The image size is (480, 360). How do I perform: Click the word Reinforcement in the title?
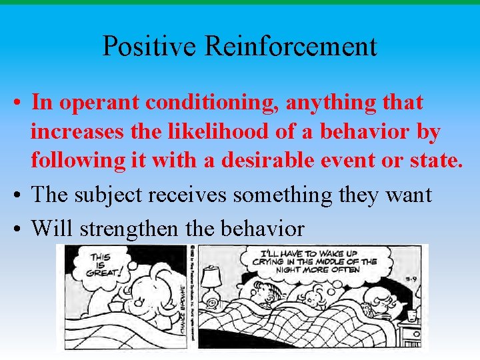pyautogui.click(x=291, y=46)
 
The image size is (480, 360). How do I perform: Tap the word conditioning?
pyautogui.click(x=213, y=103)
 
